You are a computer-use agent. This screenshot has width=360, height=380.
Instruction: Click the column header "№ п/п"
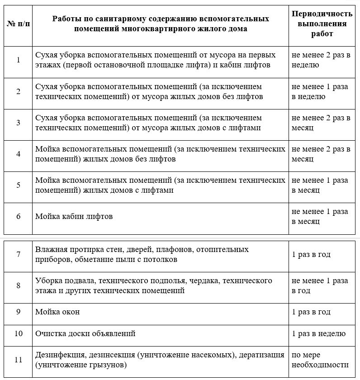point(18,24)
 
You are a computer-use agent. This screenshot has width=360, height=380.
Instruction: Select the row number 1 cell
point(18,60)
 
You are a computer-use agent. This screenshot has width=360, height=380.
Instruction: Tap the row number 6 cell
point(18,216)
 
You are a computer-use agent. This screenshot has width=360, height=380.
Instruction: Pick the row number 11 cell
point(18,360)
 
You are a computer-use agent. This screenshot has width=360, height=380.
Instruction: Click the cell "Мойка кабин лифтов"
point(74,216)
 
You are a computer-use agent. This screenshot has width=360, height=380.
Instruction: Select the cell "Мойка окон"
point(57,312)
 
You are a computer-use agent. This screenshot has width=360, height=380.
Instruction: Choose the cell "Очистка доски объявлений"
point(85,334)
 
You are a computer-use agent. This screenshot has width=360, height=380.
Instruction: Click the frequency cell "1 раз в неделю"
point(318,334)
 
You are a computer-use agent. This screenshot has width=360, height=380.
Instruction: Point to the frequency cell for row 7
point(311,254)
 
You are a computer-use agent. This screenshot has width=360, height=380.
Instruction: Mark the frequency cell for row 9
point(311,312)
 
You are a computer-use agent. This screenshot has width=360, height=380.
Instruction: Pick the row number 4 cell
point(18,154)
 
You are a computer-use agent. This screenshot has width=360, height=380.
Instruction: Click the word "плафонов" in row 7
point(156,250)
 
